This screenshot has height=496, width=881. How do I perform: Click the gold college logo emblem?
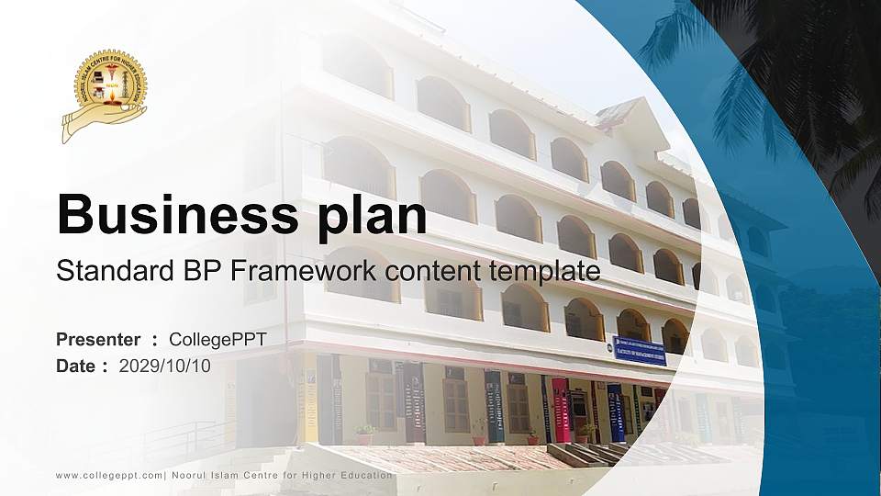[x=105, y=95]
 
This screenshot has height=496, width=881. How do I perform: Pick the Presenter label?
[x=98, y=340]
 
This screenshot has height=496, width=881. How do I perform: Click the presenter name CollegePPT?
[x=218, y=340]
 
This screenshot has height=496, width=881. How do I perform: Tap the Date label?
[x=76, y=366]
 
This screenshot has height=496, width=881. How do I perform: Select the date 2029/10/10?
[x=165, y=366]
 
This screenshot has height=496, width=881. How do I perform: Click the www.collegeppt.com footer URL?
[x=109, y=475]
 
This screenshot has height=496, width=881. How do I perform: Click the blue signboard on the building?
[x=639, y=350]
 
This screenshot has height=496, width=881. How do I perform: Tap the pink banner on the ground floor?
[x=559, y=409]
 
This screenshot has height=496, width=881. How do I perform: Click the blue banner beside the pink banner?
[x=615, y=412]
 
